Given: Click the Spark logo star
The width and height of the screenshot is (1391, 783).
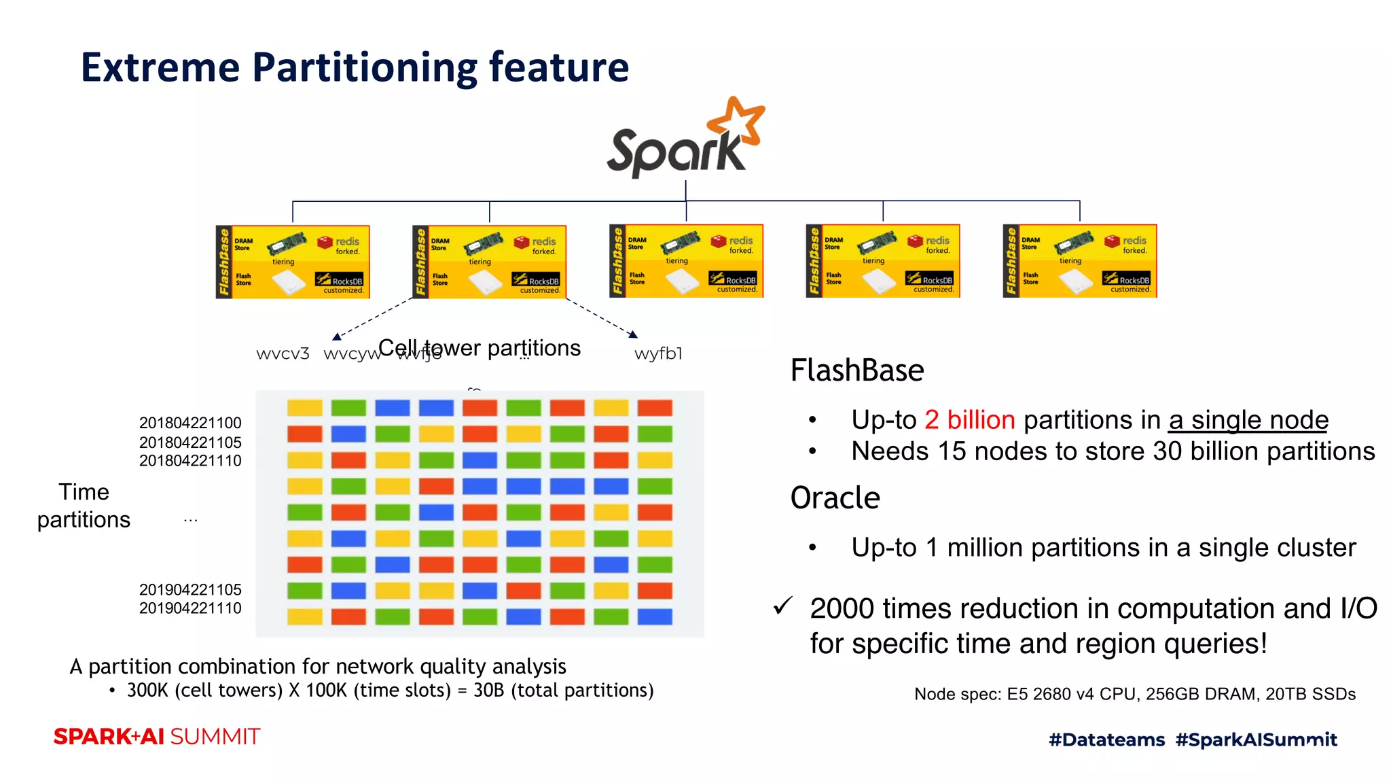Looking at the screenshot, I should tap(738, 122).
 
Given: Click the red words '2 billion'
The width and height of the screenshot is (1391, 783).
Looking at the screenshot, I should tap(969, 420).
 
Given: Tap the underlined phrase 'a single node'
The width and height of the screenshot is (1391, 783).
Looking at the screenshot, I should tap(1248, 420).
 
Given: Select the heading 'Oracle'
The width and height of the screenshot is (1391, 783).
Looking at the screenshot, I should tap(835, 498).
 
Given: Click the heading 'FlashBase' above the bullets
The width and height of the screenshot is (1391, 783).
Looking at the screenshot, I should tap(856, 371).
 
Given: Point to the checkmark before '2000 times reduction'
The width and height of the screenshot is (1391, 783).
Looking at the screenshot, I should tap(782, 605).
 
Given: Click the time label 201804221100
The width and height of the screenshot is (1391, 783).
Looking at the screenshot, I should tap(190, 423).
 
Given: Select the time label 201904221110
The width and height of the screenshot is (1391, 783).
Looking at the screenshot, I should tap(190, 608).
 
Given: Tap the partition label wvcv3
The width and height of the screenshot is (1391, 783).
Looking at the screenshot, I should tap(283, 354).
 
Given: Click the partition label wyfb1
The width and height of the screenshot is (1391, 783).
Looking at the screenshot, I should tap(657, 354).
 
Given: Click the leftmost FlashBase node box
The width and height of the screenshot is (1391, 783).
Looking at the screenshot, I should tap(293, 262).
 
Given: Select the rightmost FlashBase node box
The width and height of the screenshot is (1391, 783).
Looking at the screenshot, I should tap(1079, 261).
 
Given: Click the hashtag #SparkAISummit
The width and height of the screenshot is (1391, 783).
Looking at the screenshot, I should tap(1256, 739).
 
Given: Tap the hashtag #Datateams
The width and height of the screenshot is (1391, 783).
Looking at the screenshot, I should tap(1106, 739).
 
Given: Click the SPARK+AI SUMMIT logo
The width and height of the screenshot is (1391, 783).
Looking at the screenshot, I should tap(157, 737).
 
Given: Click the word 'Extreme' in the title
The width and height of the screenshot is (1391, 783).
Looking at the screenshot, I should tap(160, 68).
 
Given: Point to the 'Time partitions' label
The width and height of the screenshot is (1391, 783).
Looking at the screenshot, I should tap(84, 506).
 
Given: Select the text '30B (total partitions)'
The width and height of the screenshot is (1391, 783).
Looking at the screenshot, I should tap(563, 691).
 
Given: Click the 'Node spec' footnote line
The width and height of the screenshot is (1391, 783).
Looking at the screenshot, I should tap(1134, 694).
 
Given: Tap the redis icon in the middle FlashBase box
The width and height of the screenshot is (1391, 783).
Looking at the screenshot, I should tap(719, 241).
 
